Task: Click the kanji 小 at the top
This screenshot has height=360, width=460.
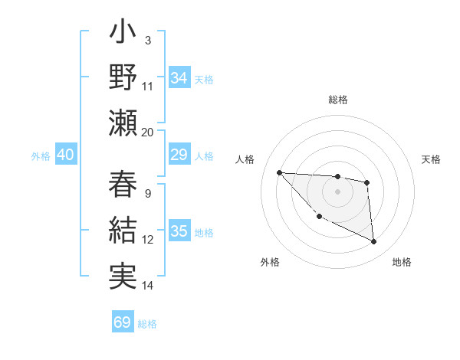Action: point(123,35)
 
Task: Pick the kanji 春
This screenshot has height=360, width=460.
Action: point(123,185)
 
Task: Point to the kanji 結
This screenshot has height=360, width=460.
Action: point(123,230)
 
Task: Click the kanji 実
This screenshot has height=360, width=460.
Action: point(123,273)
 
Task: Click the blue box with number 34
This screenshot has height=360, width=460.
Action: point(179,77)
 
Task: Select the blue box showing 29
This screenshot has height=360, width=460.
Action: point(179,155)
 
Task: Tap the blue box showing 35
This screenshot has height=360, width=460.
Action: point(179,231)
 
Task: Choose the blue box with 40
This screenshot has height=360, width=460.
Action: point(65,155)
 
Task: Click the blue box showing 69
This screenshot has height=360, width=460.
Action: point(123,322)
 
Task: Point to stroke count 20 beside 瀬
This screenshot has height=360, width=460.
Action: point(148,132)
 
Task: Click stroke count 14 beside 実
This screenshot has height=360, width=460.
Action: point(148,286)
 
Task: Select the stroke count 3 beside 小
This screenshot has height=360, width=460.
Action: point(148,40)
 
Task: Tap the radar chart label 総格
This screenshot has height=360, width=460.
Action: point(337,100)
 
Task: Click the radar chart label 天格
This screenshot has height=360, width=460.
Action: point(432,159)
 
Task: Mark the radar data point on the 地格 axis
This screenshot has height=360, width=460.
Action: point(374,242)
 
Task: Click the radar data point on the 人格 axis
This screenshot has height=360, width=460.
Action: point(279,172)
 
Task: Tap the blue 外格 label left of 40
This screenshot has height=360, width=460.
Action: point(41,155)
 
